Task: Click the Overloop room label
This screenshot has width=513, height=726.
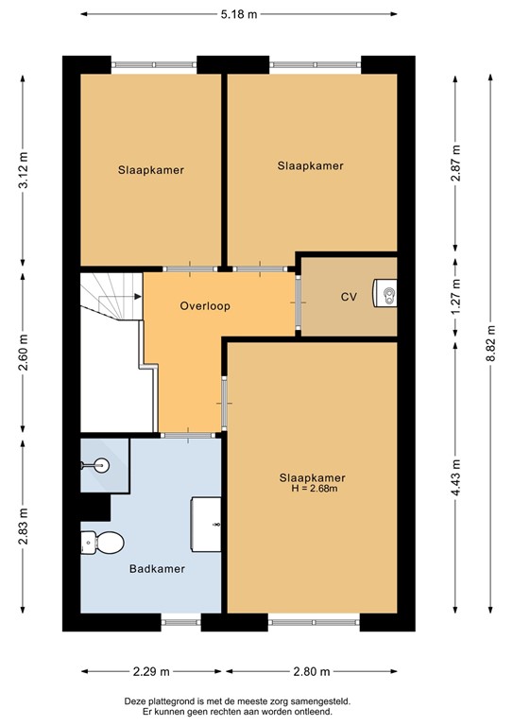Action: coord(205,306)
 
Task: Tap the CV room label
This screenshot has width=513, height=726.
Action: coord(350,297)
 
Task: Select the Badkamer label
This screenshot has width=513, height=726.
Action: coord(156,569)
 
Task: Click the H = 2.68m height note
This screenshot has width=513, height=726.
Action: coord(312,489)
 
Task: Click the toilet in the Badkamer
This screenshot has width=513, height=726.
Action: coord(104,543)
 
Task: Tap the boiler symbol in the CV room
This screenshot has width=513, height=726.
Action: coord(386,295)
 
